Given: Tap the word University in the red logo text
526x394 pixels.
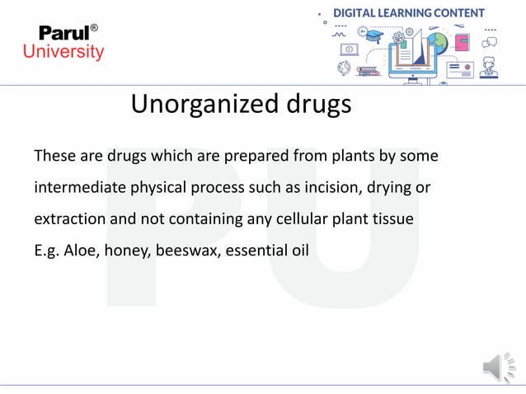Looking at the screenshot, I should (x=63, y=52).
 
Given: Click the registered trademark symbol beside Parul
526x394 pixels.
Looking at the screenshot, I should (x=94, y=28).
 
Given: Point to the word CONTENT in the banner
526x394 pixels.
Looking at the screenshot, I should (x=457, y=13).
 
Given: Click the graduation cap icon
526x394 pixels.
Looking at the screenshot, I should (x=375, y=38).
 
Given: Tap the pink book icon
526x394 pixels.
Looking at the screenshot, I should (x=462, y=41).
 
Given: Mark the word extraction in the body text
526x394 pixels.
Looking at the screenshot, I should (x=69, y=219).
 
